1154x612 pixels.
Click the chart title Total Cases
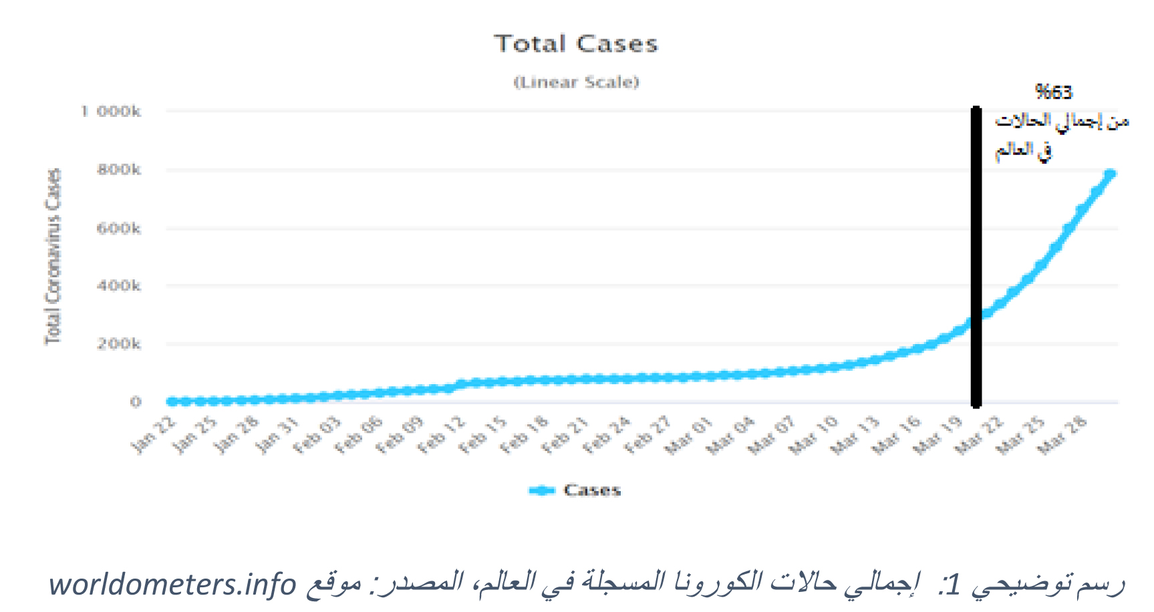576,44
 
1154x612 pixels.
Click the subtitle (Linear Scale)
576,82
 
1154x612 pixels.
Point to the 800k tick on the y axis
119,170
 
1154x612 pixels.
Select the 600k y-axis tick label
119,228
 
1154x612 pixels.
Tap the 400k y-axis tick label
119,286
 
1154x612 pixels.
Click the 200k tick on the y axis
119,344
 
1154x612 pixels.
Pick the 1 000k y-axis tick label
111,111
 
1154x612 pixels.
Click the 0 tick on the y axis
136,402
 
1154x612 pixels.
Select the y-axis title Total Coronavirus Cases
53,257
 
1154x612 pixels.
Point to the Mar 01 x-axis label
689,435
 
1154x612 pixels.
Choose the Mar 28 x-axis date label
1062,435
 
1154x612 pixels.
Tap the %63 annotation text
1053,92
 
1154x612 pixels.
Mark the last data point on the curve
1111,174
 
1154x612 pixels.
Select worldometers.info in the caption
172,584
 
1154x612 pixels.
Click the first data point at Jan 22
172,402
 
